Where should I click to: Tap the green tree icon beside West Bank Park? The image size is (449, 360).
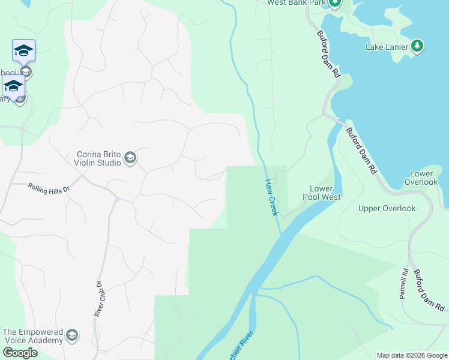334,3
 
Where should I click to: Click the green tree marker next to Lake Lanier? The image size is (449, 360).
417,46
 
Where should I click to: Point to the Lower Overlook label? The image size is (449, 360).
421,178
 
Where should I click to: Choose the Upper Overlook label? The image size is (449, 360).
387,209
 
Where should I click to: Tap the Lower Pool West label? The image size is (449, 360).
325,193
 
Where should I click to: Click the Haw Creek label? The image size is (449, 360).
271,197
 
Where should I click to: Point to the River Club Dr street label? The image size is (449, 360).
99,299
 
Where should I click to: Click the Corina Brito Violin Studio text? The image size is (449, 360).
98,158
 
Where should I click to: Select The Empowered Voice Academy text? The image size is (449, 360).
32,336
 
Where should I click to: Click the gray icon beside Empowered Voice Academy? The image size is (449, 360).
72,335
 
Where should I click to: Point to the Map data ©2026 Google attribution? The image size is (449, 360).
412,355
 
